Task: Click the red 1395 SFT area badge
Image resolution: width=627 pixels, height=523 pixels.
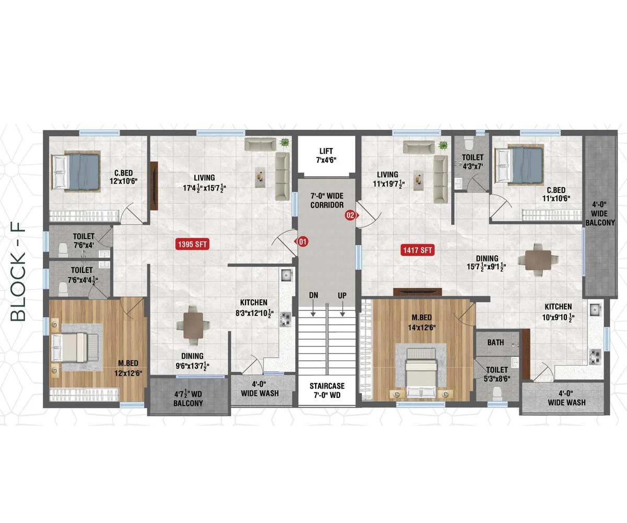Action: (x=192, y=244)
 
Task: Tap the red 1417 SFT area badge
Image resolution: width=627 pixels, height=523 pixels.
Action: (x=417, y=250)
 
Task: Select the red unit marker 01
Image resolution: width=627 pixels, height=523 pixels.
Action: (x=302, y=241)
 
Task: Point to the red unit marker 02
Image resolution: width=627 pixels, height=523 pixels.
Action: (x=351, y=215)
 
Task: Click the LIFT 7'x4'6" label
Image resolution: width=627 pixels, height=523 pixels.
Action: (x=326, y=155)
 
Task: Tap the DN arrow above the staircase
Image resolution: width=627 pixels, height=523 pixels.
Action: (x=313, y=310)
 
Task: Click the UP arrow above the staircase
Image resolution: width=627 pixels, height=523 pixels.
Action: (x=342, y=310)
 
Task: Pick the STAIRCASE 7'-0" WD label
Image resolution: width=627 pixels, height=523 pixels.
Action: (x=327, y=390)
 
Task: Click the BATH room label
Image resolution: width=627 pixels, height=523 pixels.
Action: (x=495, y=343)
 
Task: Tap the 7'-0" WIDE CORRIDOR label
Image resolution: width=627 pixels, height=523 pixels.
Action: (x=327, y=200)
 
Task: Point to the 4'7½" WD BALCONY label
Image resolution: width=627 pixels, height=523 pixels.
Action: (x=188, y=399)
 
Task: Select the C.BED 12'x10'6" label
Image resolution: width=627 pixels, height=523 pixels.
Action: (x=123, y=177)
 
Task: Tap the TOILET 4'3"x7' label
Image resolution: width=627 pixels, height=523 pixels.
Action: (x=473, y=162)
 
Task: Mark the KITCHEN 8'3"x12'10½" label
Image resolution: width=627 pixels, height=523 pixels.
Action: (x=254, y=308)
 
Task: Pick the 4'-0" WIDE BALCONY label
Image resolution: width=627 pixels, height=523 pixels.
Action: (x=600, y=214)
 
